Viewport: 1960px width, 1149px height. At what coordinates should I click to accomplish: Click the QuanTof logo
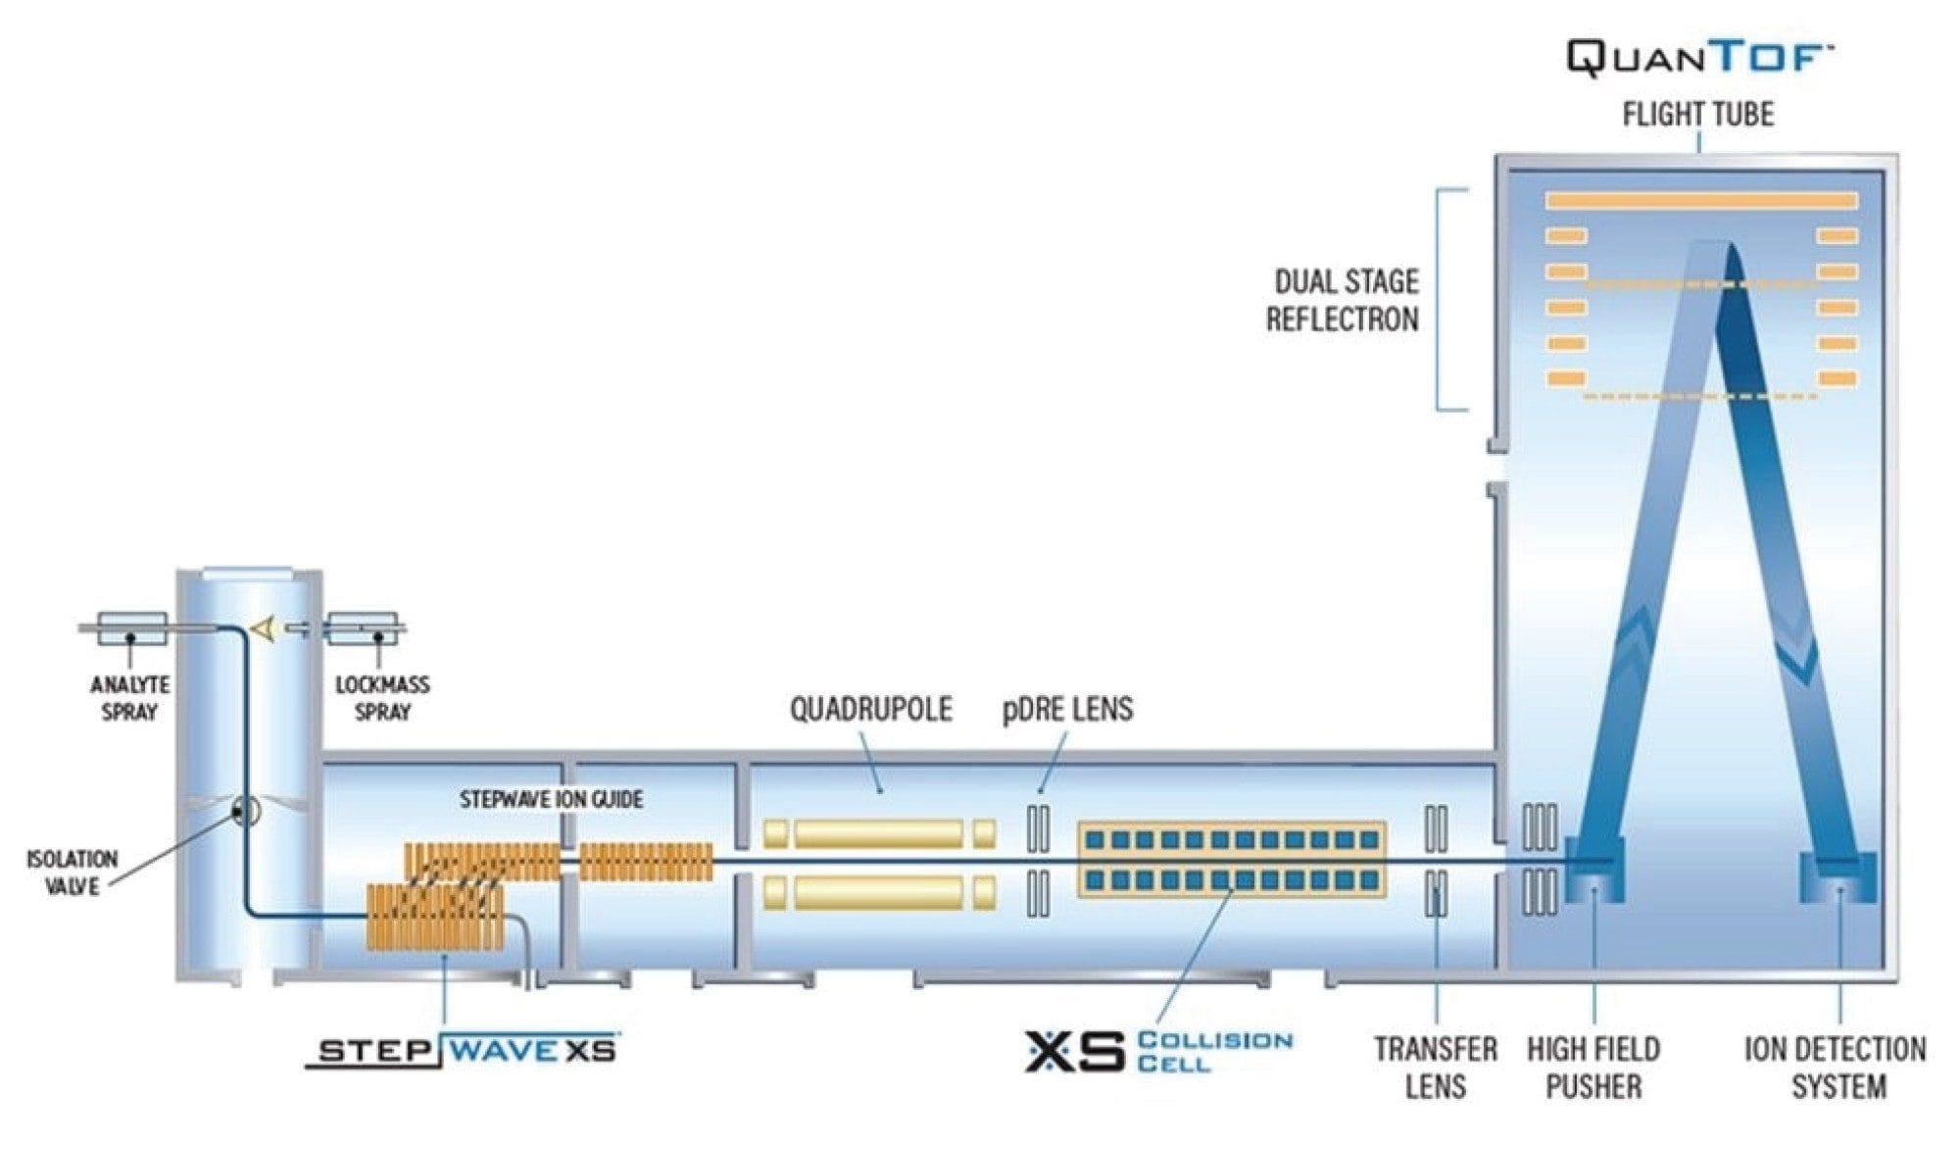[x=1698, y=59]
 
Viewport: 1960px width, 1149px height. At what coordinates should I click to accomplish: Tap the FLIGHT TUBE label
[x=1697, y=115]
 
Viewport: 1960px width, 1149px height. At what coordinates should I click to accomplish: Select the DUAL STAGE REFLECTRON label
[x=1343, y=300]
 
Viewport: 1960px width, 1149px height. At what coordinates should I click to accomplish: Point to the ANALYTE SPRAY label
[x=129, y=698]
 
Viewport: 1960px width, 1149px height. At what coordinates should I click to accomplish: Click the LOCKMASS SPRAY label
[x=382, y=698]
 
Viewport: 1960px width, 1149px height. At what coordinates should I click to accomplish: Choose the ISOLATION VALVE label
[x=72, y=873]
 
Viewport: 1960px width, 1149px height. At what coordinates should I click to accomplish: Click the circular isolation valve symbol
[x=244, y=812]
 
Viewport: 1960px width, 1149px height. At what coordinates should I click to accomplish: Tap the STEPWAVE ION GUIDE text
[x=552, y=800]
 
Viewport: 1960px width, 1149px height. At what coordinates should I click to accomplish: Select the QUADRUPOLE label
[x=871, y=709]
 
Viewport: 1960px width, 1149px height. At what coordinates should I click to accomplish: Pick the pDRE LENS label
[x=1067, y=709]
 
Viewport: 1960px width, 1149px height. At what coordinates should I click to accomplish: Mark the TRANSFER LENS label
[x=1436, y=1068]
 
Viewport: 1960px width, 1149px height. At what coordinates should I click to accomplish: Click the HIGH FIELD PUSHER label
[x=1593, y=1068]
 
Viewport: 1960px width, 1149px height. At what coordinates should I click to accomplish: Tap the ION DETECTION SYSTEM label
[x=1836, y=1068]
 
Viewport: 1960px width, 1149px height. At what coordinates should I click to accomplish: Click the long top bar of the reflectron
[x=1701, y=201]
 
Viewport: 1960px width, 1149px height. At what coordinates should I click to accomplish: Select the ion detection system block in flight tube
[x=1838, y=877]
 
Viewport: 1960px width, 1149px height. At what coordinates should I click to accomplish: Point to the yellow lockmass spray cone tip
[x=262, y=628]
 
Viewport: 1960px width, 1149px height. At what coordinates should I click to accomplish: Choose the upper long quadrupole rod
[x=878, y=834]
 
